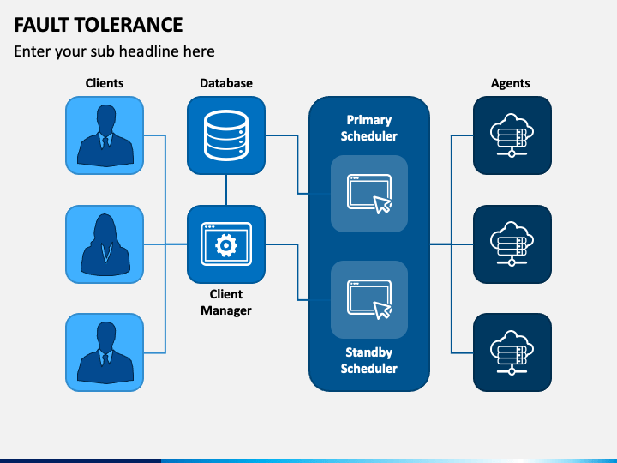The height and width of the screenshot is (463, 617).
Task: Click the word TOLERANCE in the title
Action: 129,25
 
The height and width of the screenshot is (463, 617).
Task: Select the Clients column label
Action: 105,83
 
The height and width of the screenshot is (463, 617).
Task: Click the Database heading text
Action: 226,83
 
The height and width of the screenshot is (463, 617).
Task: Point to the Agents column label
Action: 511,83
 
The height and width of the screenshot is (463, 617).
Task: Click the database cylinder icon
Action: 226,135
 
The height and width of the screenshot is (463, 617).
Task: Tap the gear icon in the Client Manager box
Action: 226,245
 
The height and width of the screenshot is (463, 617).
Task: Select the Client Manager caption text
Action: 226,302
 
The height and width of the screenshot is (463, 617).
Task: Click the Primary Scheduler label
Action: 369,128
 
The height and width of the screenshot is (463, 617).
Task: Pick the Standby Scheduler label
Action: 369,360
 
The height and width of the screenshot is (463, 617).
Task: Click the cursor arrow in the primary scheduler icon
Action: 381,205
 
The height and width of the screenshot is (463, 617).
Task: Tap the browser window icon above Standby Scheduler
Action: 369,298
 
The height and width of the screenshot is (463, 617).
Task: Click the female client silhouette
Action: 105,244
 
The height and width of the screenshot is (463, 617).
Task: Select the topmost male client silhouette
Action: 105,135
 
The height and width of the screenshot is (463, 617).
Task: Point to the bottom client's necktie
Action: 105,359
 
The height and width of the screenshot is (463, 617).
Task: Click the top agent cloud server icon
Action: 512,135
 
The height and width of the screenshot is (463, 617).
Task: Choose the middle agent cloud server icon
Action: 512,244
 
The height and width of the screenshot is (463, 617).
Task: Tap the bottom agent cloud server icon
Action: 512,352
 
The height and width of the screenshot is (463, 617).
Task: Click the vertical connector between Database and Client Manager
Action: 226,189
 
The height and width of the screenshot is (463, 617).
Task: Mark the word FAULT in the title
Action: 42,25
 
